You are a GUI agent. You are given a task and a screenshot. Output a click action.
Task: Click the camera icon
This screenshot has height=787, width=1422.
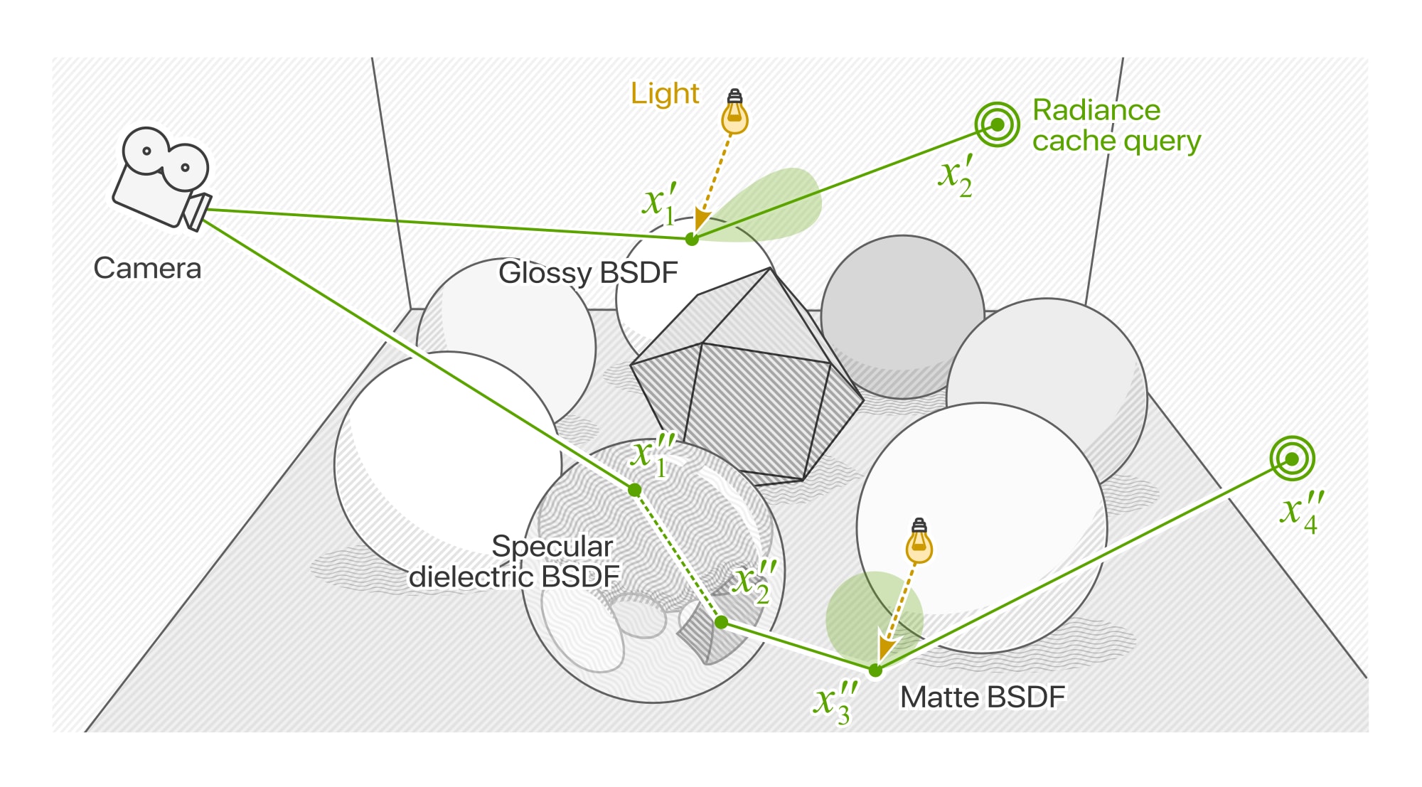pyautogui.click(x=160, y=179)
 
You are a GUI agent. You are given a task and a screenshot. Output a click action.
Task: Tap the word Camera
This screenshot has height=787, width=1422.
pyautogui.click(x=147, y=269)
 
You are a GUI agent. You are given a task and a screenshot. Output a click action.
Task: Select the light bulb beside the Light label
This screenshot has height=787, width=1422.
pyautogui.click(x=734, y=114)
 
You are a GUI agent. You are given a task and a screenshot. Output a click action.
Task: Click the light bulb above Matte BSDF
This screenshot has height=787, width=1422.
pyautogui.click(x=919, y=542)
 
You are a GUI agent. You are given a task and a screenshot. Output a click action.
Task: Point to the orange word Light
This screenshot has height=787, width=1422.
pyautogui.click(x=665, y=94)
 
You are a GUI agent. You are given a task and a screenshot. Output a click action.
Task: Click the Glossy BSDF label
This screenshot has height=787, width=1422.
pyautogui.click(x=588, y=273)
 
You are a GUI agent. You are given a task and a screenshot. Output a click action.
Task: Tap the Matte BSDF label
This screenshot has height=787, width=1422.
pyautogui.click(x=983, y=697)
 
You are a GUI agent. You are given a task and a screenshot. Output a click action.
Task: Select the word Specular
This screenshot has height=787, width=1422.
pyautogui.click(x=552, y=546)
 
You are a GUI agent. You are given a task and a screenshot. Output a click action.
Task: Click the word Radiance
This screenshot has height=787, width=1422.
pyautogui.click(x=1096, y=110)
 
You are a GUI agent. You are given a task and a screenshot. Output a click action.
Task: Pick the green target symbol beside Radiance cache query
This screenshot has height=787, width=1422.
pyautogui.click(x=997, y=124)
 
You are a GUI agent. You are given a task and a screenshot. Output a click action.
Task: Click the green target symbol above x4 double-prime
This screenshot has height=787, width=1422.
pyautogui.click(x=1292, y=459)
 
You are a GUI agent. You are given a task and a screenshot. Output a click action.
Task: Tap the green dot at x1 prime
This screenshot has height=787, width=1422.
pyautogui.click(x=692, y=240)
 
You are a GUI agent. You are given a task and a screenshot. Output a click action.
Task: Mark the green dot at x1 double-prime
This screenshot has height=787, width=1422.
pyautogui.click(x=635, y=490)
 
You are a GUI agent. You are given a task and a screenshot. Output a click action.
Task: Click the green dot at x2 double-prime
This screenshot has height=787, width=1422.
pyautogui.click(x=721, y=623)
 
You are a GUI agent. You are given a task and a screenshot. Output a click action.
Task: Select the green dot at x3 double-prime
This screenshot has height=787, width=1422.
pyautogui.click(x=875, y=670)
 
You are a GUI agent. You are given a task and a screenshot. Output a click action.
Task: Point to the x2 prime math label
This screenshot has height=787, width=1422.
pyautogui.click(x=955, y=176)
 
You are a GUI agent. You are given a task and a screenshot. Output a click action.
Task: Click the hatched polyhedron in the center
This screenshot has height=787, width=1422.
pyautogui.click(x=747, y=384)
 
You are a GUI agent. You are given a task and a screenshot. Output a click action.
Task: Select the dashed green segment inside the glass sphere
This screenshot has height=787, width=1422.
pyautogui.click(x=678, y=556)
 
